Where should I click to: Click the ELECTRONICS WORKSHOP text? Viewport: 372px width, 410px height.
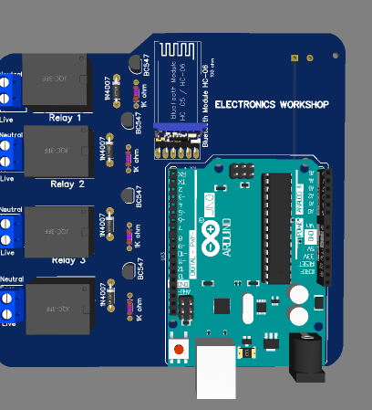pyautogui.click(x=271, y=105)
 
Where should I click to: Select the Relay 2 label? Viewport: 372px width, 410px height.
pyautogui.click(x=67, y=184)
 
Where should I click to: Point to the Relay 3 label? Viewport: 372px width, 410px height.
pyautogui.click(x=68, y=260)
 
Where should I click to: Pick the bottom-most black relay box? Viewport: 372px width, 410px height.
pyautogui.click(x=57, y=310)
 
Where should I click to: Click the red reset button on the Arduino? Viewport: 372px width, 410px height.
pyautogui.click(x=180, y=349)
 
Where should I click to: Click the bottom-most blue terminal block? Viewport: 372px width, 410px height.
pyautogui.click(x=10, y=305)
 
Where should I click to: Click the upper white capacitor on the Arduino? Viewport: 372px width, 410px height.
pyautogui.click(x=297, y=295)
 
